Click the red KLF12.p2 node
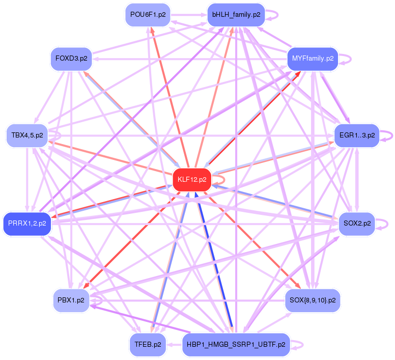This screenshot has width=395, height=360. coord(192,179)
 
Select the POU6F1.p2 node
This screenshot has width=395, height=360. coord(148,15)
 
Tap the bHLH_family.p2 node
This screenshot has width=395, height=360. coord(236,15)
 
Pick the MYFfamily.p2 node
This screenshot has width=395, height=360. coord(313,59)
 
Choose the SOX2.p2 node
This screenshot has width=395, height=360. coord(357,223)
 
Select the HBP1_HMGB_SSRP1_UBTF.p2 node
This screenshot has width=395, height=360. coord(236,344)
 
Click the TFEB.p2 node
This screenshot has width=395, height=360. coord(148,344)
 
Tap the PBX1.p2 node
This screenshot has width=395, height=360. coord(71,300)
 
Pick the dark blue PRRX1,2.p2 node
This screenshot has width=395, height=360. coord(27,223)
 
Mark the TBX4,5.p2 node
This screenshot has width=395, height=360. coord(27,135)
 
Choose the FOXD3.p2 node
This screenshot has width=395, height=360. coord(71,59)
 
